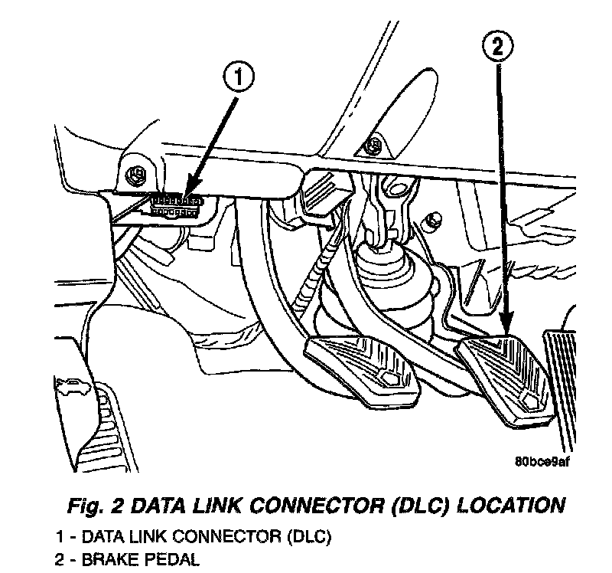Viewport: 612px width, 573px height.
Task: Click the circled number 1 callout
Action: point(239,78)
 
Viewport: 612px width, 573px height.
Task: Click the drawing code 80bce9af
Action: point(544,462)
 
